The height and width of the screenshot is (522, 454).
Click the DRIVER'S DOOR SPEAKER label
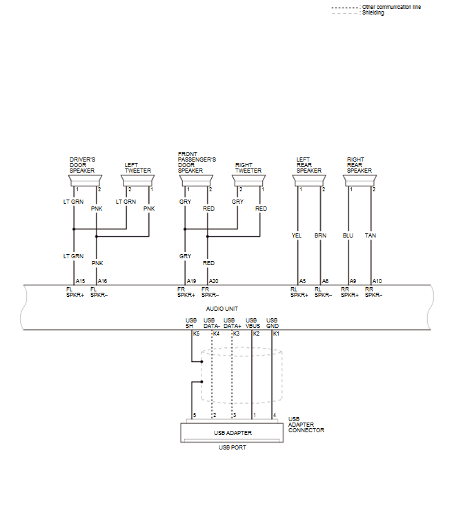(82, 164)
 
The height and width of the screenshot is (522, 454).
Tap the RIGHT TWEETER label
(248, 168)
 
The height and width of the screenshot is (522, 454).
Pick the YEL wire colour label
(297, 235)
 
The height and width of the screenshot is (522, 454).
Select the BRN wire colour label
(320, 235)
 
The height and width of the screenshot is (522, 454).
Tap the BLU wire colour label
(348, 235)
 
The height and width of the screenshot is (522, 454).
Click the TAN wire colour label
(371, 235)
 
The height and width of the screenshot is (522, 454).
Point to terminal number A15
(80, 281)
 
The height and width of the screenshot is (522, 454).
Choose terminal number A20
(214, 281)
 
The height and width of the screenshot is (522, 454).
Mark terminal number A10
(377, 281)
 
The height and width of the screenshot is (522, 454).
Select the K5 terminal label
(196, 333)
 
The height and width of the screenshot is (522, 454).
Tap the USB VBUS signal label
(253, 322)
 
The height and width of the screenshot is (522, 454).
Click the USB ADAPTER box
(232, 433)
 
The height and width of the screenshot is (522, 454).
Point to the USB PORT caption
(232, 447)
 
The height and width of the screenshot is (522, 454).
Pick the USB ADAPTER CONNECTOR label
(305, 425)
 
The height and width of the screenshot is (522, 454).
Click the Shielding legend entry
(373, 13)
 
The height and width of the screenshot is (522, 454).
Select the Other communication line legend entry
(391, 7)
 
